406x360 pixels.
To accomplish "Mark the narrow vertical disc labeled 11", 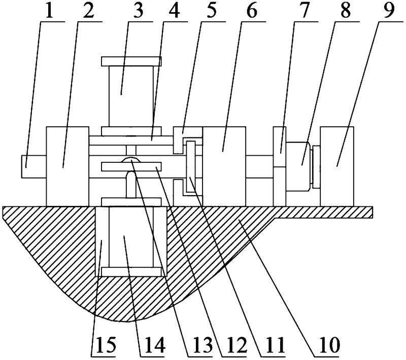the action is click(x=191, y=167).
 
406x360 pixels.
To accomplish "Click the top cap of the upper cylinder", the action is click(x=131, y=61).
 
